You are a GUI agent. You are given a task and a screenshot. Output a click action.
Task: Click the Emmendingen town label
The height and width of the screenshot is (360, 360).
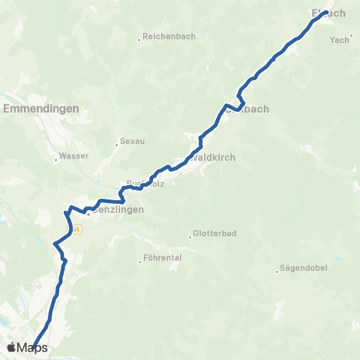click(x=41, y=109)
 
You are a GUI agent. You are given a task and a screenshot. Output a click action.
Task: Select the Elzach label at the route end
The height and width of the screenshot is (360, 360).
click(x=328, y=13)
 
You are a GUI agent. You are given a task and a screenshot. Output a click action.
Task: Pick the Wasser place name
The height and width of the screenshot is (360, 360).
click(x=73, y=156)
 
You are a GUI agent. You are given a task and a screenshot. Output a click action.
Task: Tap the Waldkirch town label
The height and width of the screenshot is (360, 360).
click(x=214, y=157)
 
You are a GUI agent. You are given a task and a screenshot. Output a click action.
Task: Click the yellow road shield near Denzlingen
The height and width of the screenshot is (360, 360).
click(x=76, y=228)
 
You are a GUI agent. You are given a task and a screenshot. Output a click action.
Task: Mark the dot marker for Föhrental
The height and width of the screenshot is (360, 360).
click(x=140, y=261)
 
